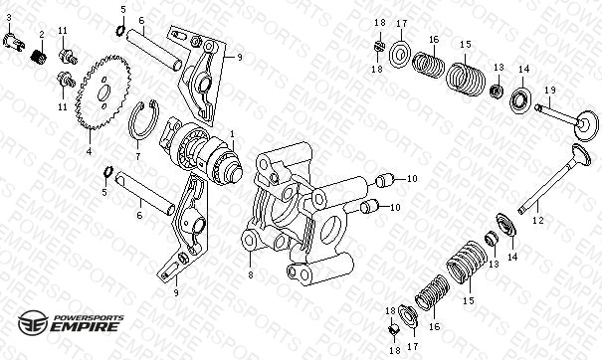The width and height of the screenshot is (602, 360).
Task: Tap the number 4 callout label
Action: (90, 151)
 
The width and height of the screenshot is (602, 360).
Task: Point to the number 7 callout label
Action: (138, 156)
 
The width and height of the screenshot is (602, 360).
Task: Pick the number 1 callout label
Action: (232, 134)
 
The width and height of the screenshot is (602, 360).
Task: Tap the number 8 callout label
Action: (251, 274)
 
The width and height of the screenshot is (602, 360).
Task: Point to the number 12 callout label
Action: (538, 221)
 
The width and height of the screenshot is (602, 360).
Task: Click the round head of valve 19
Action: (587, 125)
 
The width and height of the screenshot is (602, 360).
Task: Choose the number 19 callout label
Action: (550, 90)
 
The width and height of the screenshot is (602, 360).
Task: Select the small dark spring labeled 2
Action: (39, 58)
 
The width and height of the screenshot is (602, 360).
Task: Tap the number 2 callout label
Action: (42, 35)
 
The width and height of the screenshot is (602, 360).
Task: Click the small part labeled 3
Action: (14, 41)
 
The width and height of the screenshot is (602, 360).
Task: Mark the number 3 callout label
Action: (9, 17)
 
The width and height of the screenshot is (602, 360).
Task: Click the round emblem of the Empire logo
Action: (33, 322)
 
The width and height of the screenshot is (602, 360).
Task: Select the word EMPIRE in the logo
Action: (85, 327)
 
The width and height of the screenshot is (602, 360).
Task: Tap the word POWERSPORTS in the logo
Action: (89, 318)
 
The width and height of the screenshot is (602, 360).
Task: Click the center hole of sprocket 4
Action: (103, 93)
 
